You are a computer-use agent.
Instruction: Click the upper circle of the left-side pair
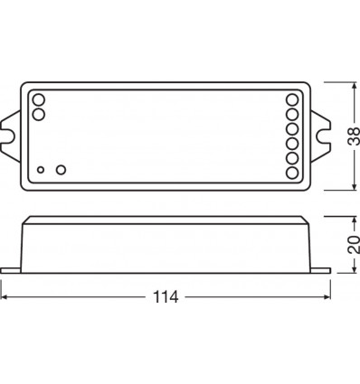[x=38, y=99]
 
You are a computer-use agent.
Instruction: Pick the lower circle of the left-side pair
[x=38, y=115]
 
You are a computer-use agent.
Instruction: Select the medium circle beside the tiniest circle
[x=61, y=168]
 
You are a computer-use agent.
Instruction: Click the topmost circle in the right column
[x=291, y=100]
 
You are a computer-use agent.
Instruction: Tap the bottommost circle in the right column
[x=291, y=172]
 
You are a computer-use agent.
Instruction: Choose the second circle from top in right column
[x=291, y=115]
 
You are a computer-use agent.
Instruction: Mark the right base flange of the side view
[x=318, y=268]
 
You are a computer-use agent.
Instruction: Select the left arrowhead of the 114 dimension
[x=6, y=296]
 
